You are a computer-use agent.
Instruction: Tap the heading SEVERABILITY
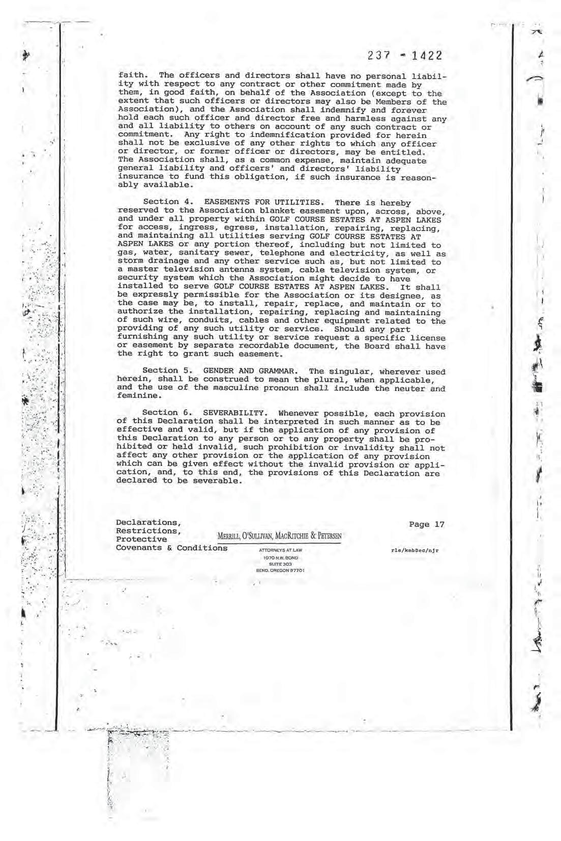234,413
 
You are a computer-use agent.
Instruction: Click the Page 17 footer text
426,524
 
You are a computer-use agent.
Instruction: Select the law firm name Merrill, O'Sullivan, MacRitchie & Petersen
279,536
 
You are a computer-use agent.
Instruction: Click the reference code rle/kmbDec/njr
415,550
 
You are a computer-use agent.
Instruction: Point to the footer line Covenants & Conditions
172,548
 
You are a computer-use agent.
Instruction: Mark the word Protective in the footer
141,540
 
